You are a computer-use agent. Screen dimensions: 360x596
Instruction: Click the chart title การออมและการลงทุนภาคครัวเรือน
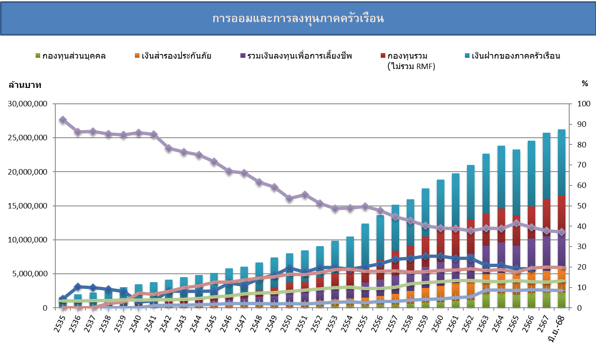pos(298,19)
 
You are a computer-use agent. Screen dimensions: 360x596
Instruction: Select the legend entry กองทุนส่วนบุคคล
pos(74,56)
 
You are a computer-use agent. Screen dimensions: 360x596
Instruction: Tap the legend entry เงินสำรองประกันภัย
pos(176,56)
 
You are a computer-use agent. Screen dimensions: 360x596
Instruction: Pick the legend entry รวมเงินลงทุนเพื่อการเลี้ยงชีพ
pos(299,56)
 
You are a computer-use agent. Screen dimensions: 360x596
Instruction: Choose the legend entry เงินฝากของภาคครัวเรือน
pos(516,56)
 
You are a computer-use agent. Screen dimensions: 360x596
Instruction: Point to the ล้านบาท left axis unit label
pos(25,85)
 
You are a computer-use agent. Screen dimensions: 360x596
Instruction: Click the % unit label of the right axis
pos(585,84)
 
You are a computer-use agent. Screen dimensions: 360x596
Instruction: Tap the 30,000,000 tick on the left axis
pos(28,104)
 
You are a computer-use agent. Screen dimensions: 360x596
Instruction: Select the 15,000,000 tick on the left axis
pos(28,206)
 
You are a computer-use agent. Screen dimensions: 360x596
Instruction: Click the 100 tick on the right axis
pos(583,104)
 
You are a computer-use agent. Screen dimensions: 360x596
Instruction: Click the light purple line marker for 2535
pos(63,120)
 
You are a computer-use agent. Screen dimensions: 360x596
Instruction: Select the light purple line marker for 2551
pos(305,195)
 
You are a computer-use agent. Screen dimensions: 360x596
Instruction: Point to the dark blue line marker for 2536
pos(78,287)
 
